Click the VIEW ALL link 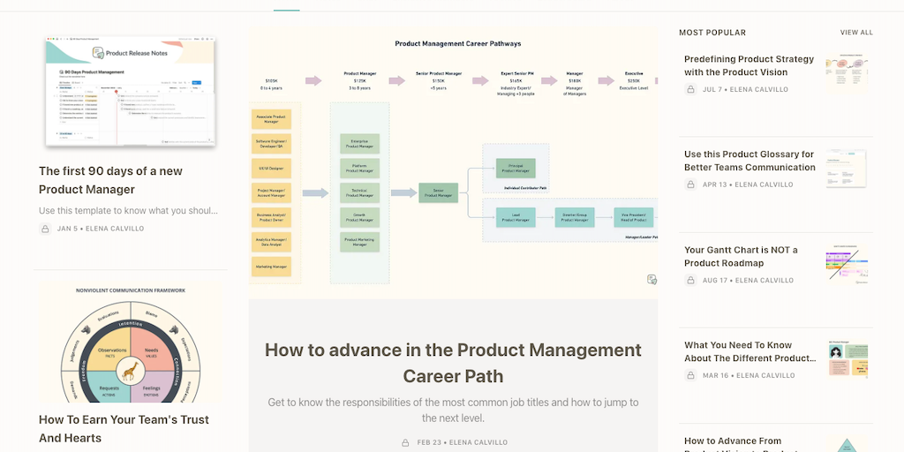(x=856, y=33)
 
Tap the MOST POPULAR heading (x=712, y=33)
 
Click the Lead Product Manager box (x=516, y=217)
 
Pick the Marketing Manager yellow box (x=271, y=265)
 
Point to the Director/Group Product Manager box (x=575, y=217)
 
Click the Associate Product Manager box (x=271, y=118)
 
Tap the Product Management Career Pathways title (x=457, y=43)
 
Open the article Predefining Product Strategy (x=749, y=66)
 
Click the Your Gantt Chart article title (x=740, y=257)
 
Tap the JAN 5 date (x=68, y=229)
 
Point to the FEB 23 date (x=430, y=442)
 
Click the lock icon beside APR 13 (x=690, y=185)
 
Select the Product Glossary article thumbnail (x=846, y=169)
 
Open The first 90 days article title (x=110, y=180)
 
